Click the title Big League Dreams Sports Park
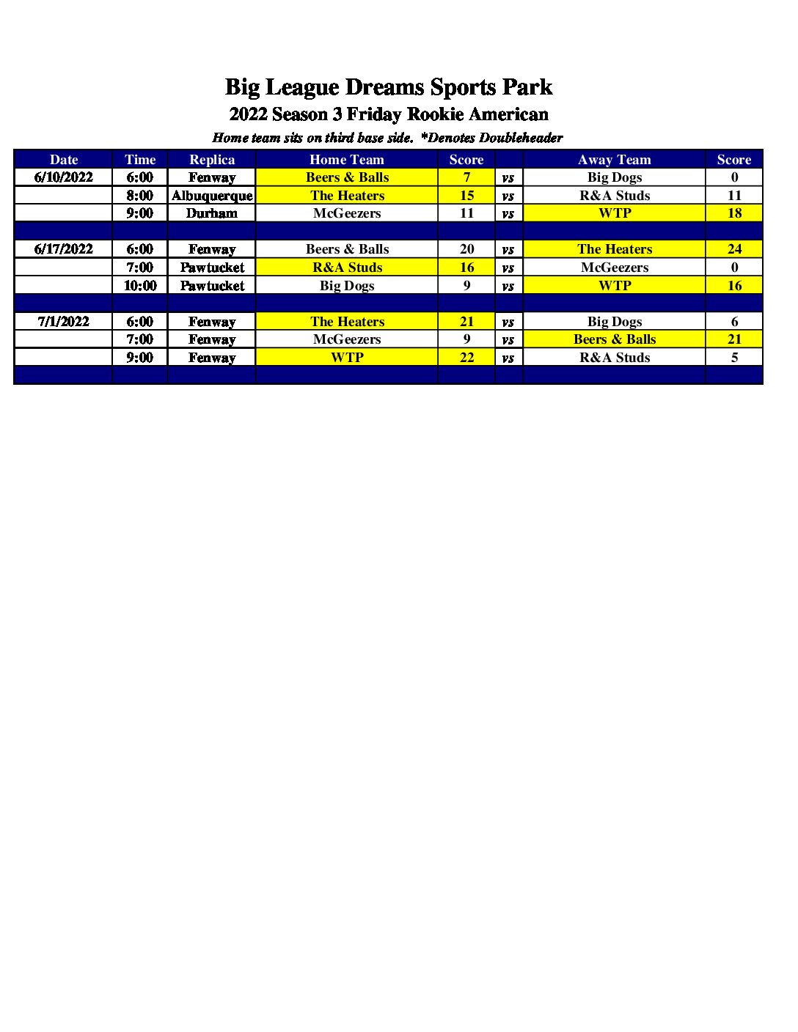click(388, 87)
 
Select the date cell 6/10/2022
click(64, 177)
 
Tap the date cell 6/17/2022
click(64, 249)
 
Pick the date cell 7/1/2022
click(64, 322)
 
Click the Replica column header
click(212, 160)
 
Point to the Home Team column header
click(347, 160)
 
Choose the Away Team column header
click(615, 160)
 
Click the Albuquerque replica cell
click(212, 196)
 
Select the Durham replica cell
click(212, 213)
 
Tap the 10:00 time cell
click(140, 286)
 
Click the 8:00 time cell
click(140, 196)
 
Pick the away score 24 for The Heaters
click(734, 249)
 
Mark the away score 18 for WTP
click(734, 213)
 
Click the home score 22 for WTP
click(466, 358)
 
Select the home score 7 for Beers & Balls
click(466, 177)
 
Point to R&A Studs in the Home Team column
click(347, 268)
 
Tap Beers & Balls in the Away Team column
click(615, 339)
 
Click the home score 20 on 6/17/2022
click(466, 249)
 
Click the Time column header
click(140, 160)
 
